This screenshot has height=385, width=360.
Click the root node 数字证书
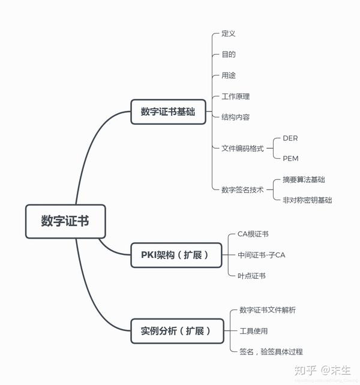point(65,221)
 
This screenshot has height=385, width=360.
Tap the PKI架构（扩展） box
point(170,255)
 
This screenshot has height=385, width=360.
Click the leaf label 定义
point(228,34)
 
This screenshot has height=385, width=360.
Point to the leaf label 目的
point(228,55)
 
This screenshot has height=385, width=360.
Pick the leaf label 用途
point(228,76)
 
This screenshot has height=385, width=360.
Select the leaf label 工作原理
point(235,97)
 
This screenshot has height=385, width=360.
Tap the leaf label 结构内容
point(235,118)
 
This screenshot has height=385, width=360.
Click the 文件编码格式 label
point(242,149)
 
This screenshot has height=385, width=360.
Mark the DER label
point(290,139)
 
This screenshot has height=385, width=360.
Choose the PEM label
point(290,159)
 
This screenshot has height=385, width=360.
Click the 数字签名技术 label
point(242,190)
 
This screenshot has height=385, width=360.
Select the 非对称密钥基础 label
point(307,200)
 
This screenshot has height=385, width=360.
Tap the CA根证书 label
point(253,234)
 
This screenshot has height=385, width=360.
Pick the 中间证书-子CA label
point(261,255)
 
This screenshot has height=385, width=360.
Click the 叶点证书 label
point(251,276)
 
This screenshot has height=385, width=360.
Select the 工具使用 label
point(253,331)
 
